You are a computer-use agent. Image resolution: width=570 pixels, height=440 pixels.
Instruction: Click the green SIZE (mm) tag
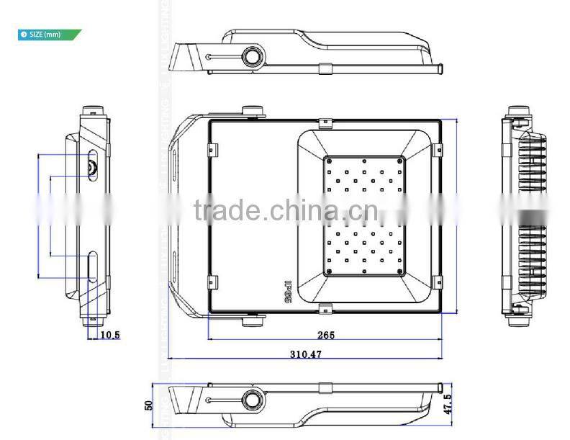click(x=49, y=34)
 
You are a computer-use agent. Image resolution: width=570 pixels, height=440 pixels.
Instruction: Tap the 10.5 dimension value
click(x=109, y=335)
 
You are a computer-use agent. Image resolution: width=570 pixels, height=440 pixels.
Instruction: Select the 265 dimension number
click(x=325, y=335)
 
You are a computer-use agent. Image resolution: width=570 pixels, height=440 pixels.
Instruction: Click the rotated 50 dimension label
click(x=149, y=406)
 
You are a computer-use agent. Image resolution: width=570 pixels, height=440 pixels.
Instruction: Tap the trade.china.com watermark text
click(x=286, y=211)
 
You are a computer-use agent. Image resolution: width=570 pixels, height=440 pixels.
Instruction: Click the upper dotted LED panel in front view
click(x=363, y=176)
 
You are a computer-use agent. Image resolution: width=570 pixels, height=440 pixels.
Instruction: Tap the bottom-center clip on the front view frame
click(x=325, y=310)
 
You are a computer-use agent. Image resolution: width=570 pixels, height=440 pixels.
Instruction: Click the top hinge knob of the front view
click(x=252, y=111)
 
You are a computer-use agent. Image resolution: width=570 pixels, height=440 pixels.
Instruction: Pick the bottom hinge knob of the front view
click(x=252, y=319)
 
